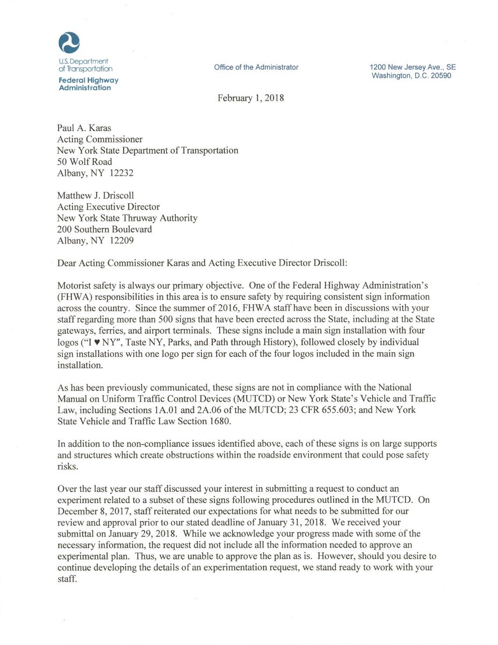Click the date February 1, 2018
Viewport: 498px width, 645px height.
pyautogui.click(x=250, y=98)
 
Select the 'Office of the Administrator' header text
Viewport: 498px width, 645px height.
pyautogui.click(x=256, y=67)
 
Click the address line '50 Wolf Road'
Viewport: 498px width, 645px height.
pyautogui.click(x=84, y=162)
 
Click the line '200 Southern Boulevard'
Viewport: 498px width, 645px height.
pyautogui.click(x=104, y=230)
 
